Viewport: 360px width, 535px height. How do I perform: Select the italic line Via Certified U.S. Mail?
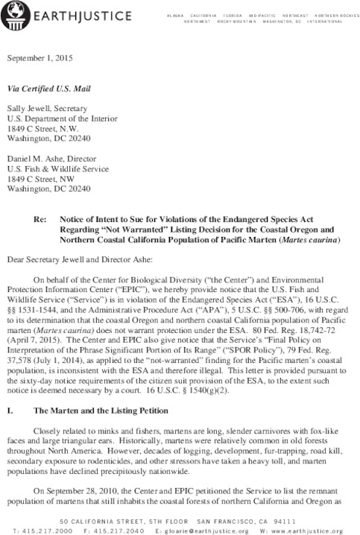click(x=48, y=87)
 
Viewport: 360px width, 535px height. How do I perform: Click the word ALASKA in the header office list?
click(x=176, y=15)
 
